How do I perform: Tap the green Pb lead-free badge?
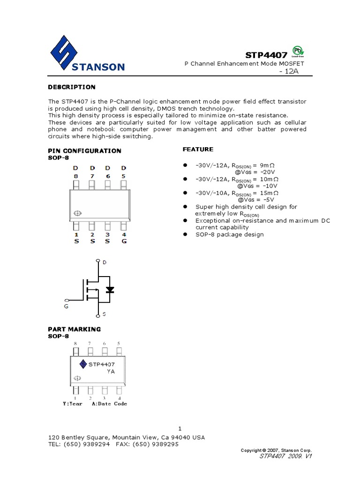(x=297, y=51)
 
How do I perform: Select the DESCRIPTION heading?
(x=72, y=87)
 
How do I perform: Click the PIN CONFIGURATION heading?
(x=85, y=150)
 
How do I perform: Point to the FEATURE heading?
(x=197, y=149)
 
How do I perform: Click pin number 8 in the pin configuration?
(x=75, y=176)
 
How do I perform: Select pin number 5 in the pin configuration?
(x=123, y=176)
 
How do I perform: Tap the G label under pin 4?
(x=124, y=241)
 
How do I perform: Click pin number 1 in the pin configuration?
(x=76, y=234)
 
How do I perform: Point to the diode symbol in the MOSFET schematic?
(x=110, y=290)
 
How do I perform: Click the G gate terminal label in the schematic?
(x=66, y=306)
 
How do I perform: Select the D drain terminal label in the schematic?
(x=104, y=262)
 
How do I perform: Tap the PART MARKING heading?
(x=75, y=329)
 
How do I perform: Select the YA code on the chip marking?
(x=111, y=371)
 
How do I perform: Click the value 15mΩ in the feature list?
(x=269, y=192)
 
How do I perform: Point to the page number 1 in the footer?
(x=180, y=428)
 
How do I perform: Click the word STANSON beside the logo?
(x=98, y=67)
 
